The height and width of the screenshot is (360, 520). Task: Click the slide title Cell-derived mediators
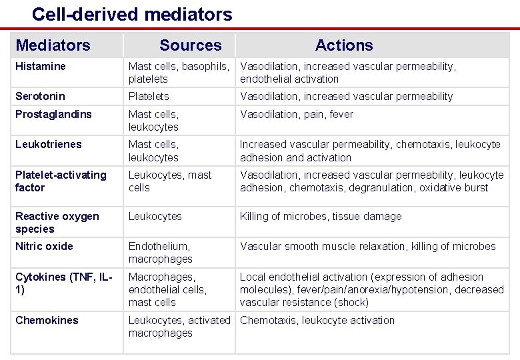tap(132, 14)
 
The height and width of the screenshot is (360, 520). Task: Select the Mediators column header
tap(53, 45)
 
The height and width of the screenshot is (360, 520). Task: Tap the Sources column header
tap(190, 45)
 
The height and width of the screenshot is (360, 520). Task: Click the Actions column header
tap(344, 45)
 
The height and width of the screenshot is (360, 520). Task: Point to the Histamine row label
tap(41, 66)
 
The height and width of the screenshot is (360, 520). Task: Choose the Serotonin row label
tap(40, 96)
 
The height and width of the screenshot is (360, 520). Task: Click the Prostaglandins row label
tap(53, 114)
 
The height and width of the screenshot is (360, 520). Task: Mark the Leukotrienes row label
tap(48, 144)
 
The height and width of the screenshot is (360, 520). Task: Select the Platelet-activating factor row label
tap(61, 181)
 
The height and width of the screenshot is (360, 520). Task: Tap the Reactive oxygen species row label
tap(57, 222)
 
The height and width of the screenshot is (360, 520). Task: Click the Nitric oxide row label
tap(44, 246)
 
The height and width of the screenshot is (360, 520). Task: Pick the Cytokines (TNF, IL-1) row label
tap(63, 283)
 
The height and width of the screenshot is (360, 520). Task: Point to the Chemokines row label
tap(47, 320)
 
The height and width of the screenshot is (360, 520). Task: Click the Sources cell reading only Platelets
tap(149, 96)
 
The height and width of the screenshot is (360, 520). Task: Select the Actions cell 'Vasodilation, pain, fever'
tap(297, 114)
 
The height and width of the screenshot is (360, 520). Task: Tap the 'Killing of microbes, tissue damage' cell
tap(321, 216)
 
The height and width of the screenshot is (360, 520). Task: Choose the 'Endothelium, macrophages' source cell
tap(160, 252)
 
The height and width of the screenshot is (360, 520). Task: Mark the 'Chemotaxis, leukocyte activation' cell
tap(317, 320)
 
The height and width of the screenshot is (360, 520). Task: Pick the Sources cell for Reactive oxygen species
tap(155, 216)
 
